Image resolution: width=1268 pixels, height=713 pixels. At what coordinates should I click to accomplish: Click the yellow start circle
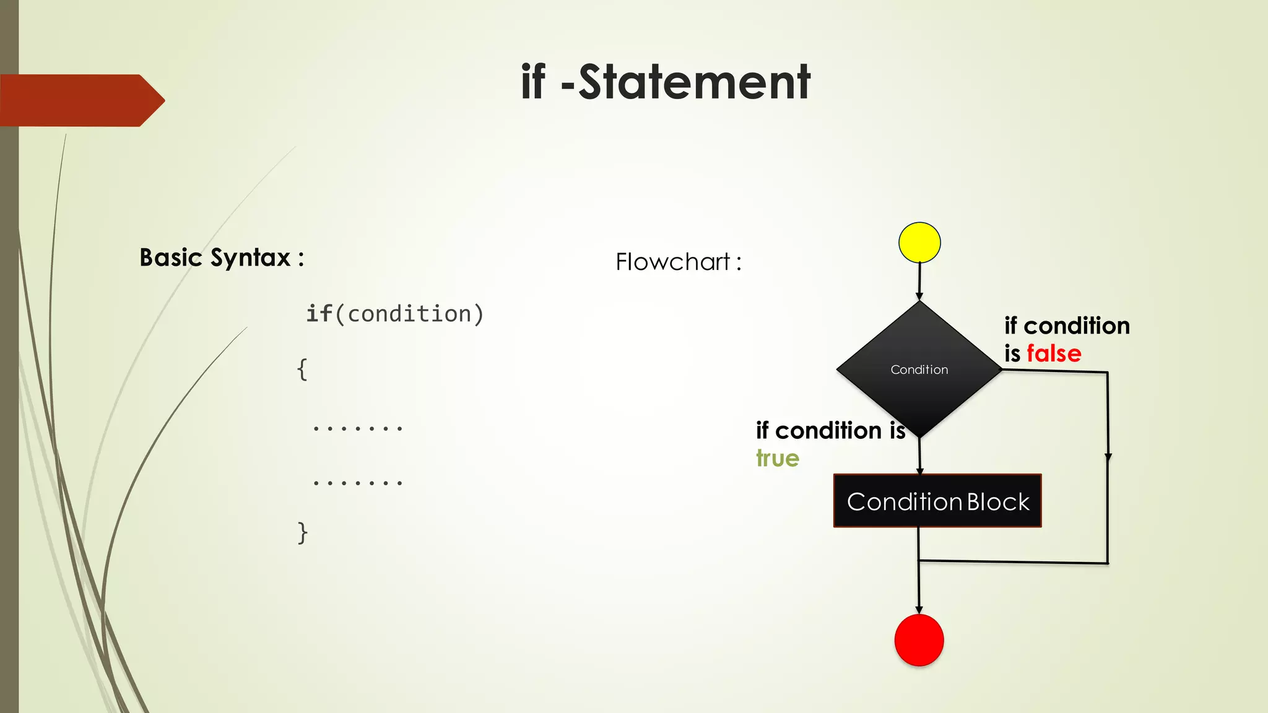click(919, 243)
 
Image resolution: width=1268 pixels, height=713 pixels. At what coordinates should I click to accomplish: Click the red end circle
click(919, 640)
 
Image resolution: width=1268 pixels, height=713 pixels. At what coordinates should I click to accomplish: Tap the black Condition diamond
click(919, 369)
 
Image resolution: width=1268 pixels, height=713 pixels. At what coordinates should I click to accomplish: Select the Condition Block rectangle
click(937, 501)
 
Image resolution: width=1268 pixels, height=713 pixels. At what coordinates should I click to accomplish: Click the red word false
click(1054, 353)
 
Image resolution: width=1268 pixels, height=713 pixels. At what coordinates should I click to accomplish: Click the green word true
click(778, 459)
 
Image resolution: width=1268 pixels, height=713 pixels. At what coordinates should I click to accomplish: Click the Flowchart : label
click(678, 262)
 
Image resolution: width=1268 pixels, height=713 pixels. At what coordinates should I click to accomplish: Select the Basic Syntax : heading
click(222, 257)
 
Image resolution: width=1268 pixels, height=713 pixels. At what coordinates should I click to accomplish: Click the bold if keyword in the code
click(319, 314)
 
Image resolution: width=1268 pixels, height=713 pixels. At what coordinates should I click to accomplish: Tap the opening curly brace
click(302, 369)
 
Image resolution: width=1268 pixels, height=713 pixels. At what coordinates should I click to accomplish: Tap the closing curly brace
click(302, 532)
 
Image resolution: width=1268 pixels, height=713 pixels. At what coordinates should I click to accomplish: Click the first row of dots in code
click(358, 428)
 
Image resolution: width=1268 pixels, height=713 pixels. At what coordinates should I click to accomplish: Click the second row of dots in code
click(358, 482)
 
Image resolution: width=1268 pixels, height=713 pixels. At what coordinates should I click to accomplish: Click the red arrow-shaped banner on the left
click(80, 100)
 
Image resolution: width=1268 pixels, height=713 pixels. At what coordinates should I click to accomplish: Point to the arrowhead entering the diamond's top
click(919, 296)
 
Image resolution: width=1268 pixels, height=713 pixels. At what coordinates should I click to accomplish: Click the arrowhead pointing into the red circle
click(919, 610)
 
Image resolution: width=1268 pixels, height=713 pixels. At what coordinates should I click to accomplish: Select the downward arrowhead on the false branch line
click(1108, 457)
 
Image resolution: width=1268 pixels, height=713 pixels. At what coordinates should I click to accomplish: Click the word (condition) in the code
click(409, 314)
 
